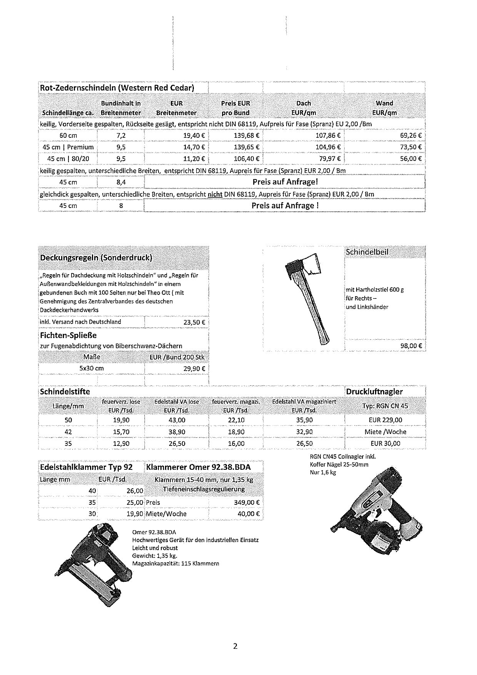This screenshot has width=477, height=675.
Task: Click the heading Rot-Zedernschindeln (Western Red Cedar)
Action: coord(117,88)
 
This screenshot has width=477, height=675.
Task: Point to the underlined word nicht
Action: coord(215,194)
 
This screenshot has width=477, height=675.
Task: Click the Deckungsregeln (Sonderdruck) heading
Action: coord(96,258)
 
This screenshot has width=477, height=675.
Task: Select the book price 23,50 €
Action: coord(194,322)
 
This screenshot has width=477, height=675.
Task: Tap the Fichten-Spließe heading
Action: coord(68,335)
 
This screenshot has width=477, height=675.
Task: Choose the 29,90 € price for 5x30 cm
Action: coord(194,368)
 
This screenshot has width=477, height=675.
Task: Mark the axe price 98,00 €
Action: coord(411,346)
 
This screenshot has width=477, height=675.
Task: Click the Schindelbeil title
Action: coord(367,252)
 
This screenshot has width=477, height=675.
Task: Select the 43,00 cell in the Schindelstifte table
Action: coord(177,420)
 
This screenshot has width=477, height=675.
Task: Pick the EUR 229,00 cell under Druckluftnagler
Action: coord(385,420)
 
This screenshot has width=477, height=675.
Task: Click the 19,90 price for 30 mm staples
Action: coord(135,514)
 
